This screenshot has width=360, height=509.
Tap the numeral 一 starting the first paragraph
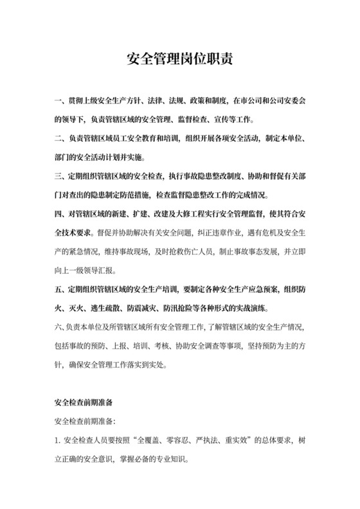58,101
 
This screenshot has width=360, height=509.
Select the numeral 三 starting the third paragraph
58,175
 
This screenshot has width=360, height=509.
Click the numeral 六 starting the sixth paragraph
58,328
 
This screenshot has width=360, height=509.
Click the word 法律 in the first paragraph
169,101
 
